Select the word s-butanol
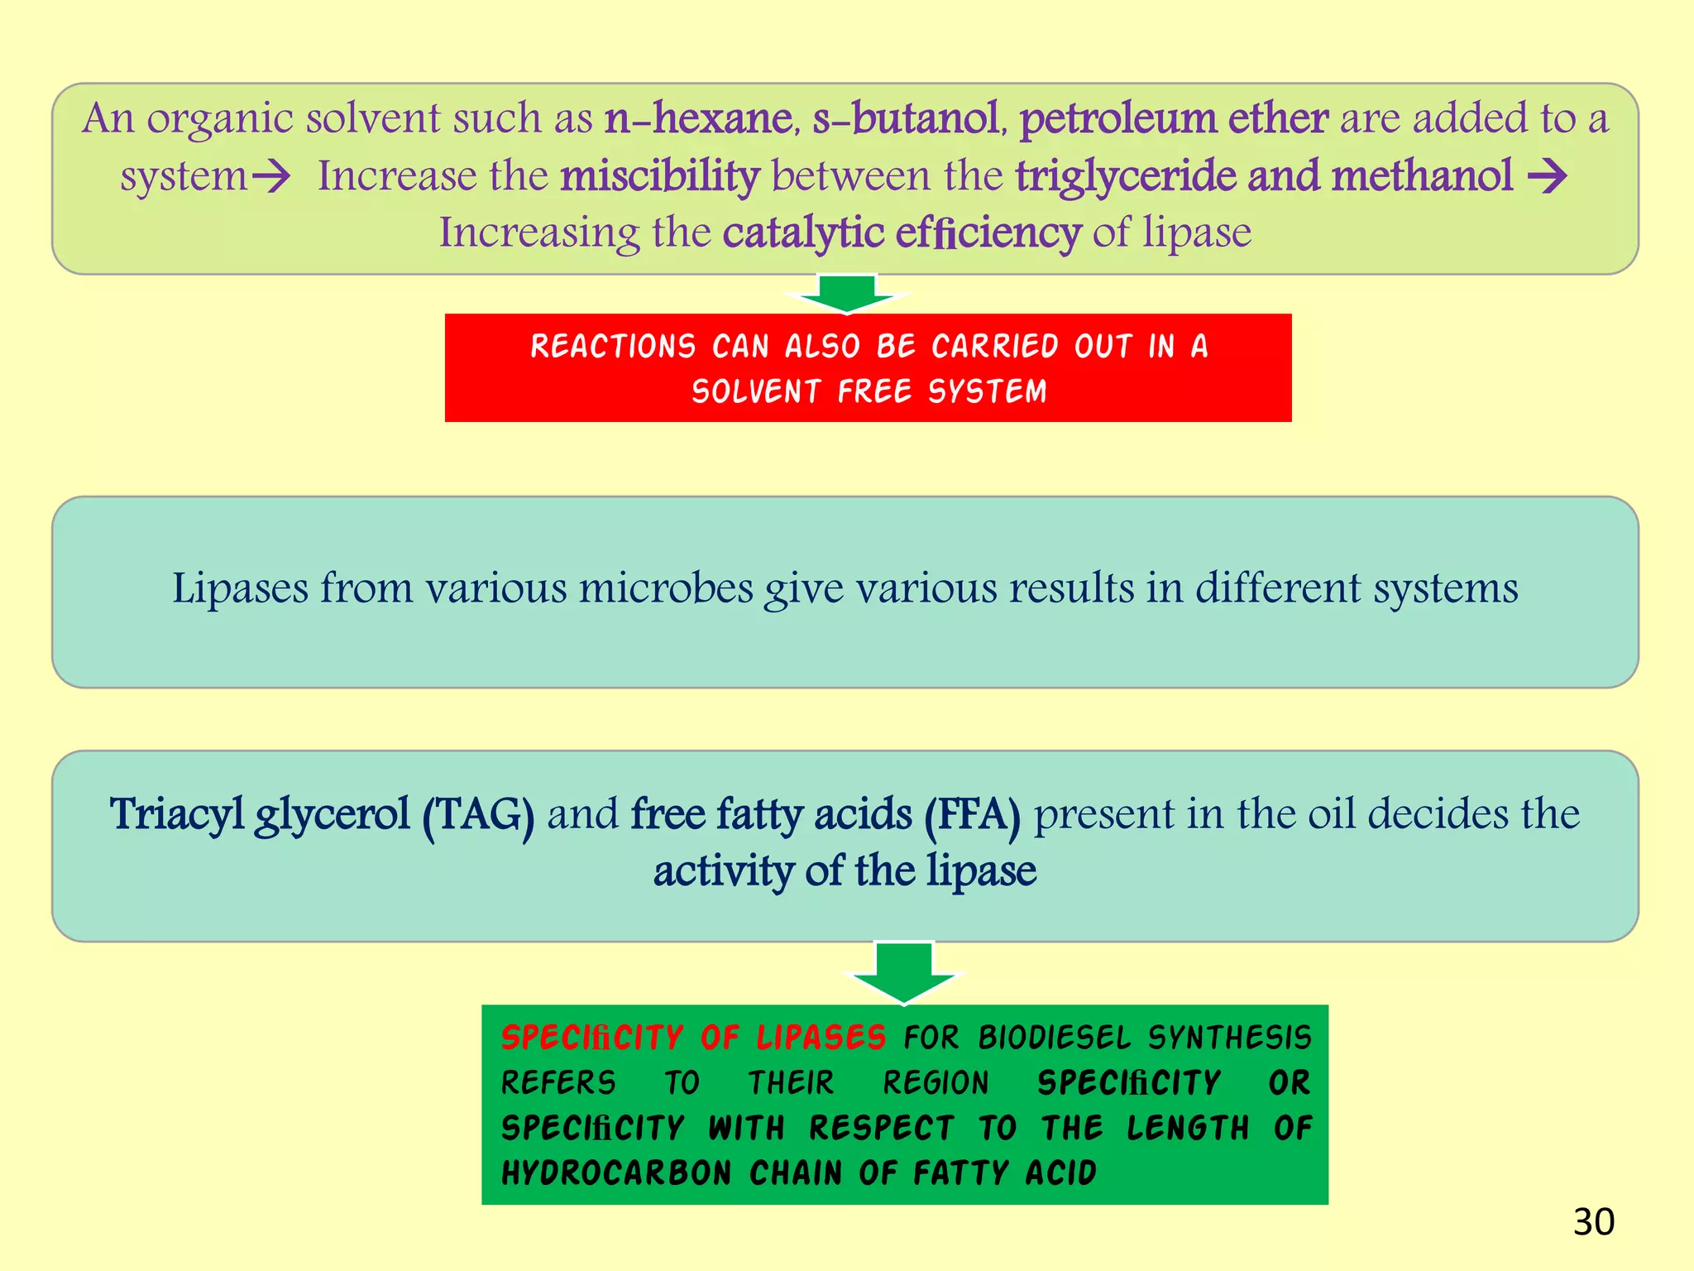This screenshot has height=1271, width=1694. point(907,118)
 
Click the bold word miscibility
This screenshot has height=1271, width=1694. point(659,176)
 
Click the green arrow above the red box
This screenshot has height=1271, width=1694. point(847,293)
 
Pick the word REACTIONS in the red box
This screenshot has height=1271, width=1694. point(613,347)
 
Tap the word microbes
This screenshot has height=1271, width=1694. point(666,589)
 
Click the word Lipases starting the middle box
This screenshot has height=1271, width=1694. point(240,589)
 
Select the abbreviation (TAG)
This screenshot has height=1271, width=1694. point(478,815)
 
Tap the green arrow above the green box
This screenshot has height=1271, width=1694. point(903,971)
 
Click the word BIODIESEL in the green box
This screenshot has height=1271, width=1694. point(1054,1038)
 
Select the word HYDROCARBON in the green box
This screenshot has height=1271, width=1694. point(616,1173)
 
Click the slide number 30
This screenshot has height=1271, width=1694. point(1593,1222)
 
